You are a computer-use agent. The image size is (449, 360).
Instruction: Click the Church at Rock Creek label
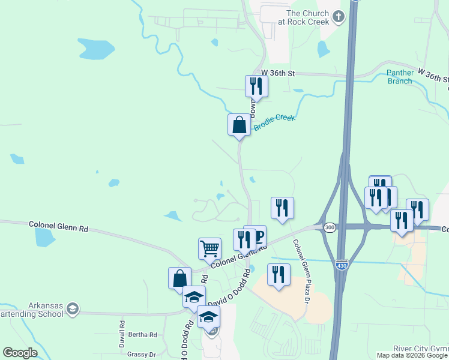click(307, 17)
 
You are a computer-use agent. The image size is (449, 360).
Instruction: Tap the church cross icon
click(339, 16)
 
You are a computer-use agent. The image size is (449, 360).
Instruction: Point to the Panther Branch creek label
click(400, 77)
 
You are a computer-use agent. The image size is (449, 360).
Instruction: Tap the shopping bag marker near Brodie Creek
click(239, 125)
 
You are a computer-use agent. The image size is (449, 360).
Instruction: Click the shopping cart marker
click(209, 248)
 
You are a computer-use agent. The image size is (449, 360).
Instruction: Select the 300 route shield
click(330, 227)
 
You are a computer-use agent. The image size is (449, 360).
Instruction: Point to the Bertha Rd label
click(145, 335)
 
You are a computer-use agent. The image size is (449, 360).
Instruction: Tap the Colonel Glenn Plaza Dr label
click(300, 271)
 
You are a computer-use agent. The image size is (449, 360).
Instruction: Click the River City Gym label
click(420, 349)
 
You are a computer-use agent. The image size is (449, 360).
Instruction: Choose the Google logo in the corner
click(20, 353)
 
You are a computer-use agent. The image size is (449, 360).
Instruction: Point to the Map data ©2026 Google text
click(412, 355)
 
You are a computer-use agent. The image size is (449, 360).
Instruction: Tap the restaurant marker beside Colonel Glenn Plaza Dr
click(278, 274)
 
